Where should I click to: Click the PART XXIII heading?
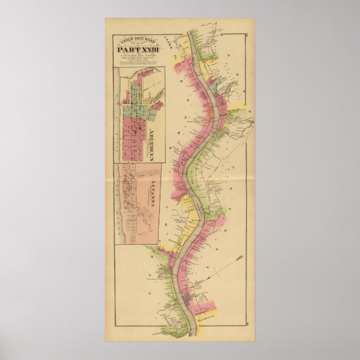(138, 53)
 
